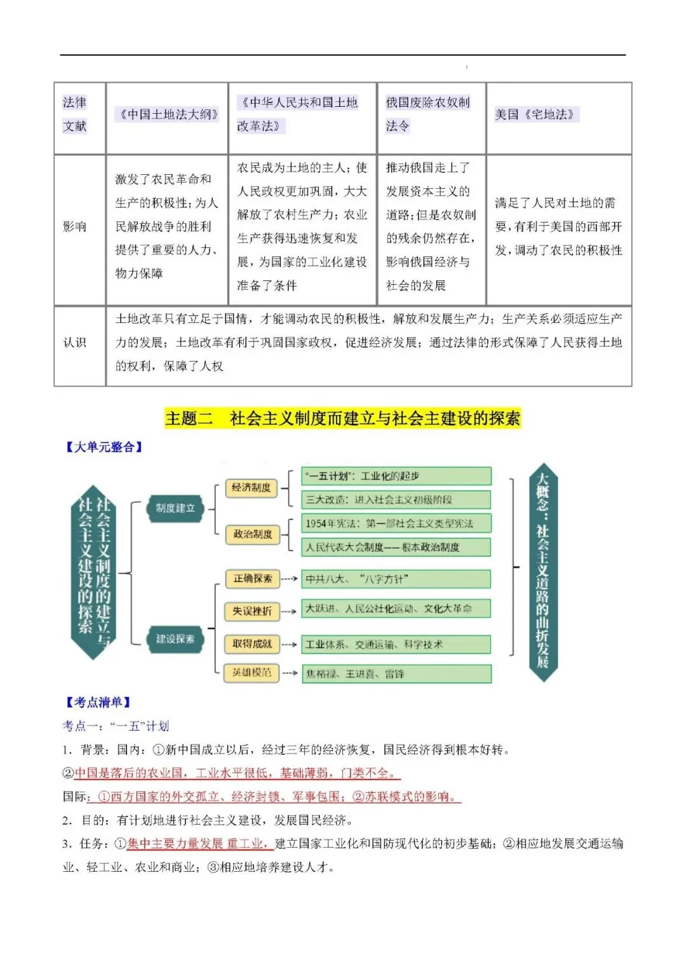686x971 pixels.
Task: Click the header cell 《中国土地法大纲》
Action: pos(168,114)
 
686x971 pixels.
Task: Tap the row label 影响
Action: pos(75,226)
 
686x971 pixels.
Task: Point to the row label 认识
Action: pos(75,342)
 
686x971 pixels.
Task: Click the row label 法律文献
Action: pos(75,114)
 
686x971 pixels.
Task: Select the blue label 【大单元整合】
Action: pos(104,447)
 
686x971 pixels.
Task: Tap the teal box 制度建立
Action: pos(175,508)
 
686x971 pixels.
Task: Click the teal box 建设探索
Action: pos(175,638)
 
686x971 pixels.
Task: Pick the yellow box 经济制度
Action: pos(251,488)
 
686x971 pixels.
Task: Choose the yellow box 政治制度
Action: pos(252,534)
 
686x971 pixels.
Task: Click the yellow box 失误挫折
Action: pos(252,611)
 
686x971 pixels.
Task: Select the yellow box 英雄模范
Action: pos(252,672)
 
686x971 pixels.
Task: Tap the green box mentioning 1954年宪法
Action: pos(396,523)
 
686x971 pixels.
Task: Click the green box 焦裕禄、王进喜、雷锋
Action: pos(396,673)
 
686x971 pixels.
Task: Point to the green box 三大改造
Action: pos(396,500)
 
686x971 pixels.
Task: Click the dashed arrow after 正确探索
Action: pos(289,579)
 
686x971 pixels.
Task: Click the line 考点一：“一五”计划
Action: pos(116,726)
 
